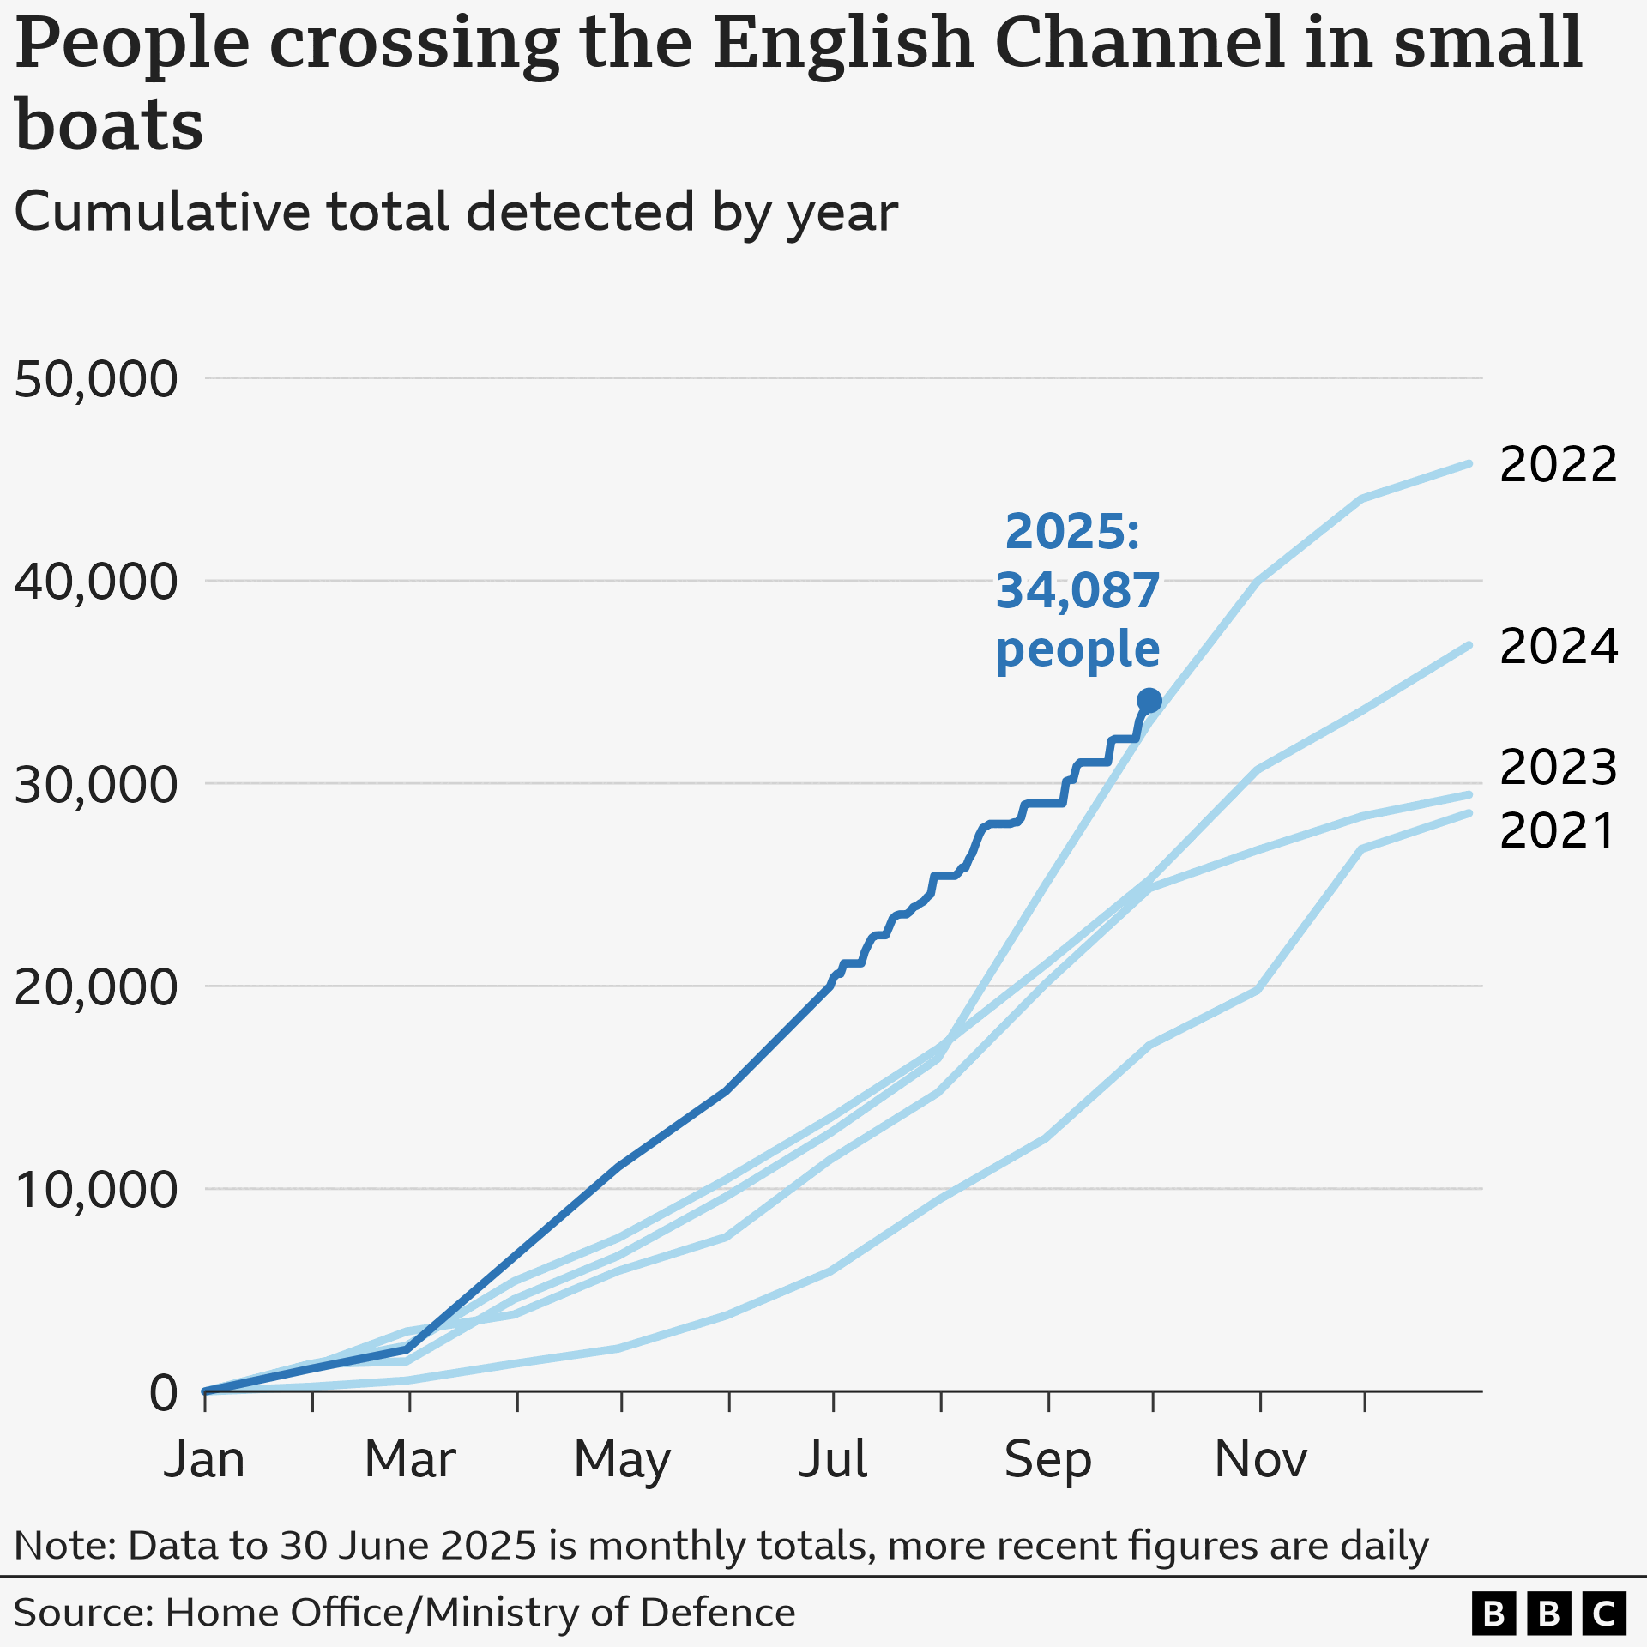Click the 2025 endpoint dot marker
(1149, 701)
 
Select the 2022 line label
(1558, 465)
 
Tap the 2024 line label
(1558, 647)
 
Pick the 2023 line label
(1558, 767)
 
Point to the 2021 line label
(1558, 831)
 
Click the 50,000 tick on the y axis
(96, 378)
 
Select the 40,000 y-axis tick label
(96, 582)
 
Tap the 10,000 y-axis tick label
(96, 1190)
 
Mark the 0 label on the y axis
(163, 1392)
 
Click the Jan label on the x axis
(204, 1459)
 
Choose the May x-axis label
(622, 1459)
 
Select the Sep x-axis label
(1047, 1459)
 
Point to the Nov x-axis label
(1260, 1459)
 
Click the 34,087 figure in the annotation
(1077, 591)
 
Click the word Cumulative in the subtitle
(161, 212)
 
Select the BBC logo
(1548, 1614)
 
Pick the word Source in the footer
(82, 1613)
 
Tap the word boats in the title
(109, 125)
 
